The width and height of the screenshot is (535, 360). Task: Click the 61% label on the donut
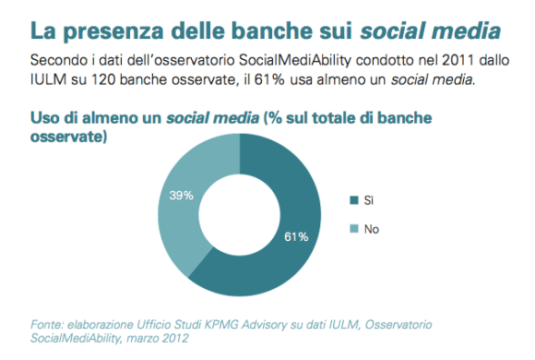[x=295, y=236]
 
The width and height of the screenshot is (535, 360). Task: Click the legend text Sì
[x=371, y=199]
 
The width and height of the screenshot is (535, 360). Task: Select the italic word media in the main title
[x=468, y=30]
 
